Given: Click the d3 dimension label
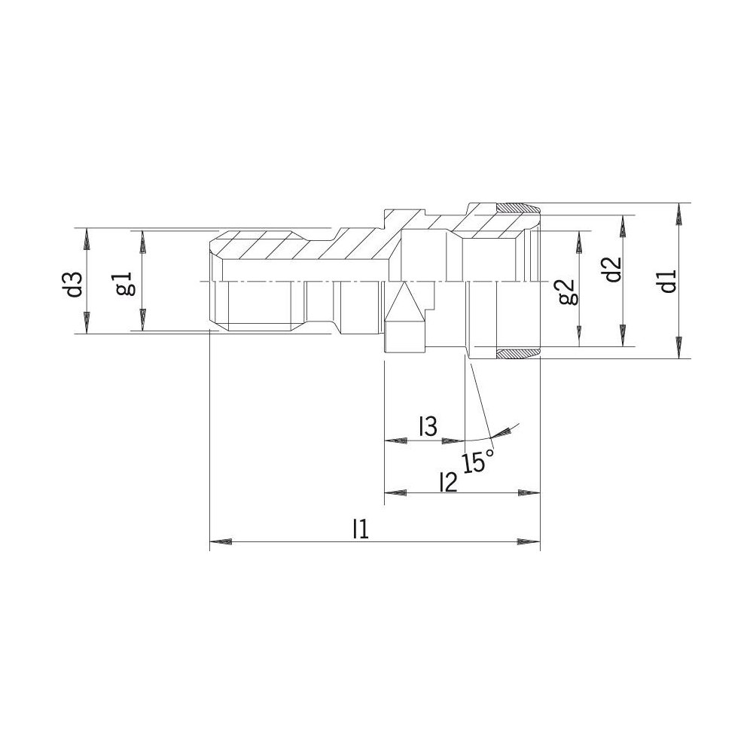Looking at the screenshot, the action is click(x=75, y=285).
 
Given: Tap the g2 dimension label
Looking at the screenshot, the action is click(x=567, y=291).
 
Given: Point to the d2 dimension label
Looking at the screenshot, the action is click(x=613, y=270).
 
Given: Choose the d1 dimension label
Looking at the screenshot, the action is click(x=668, y=280).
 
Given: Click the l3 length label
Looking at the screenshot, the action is click(x=428, y=426).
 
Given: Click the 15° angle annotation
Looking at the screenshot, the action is click(x=478, y=462).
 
